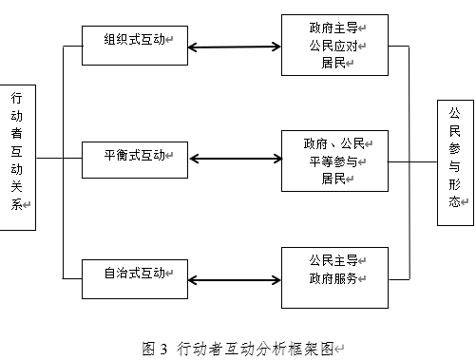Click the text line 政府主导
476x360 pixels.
pyautogui.click(x=333, y=28)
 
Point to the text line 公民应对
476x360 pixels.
pyautogui.click(x=333, y=46)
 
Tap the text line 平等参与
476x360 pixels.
pyautogui.click(x=333, y=161)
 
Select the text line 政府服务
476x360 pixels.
pyautogui.click(x=333, y=278)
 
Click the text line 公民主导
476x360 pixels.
pyautogui.click(x=333, y=260)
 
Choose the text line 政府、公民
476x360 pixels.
pyautogui.click(x=334, y=143)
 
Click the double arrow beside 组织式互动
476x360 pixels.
pyautogui.click(x=235, y=47)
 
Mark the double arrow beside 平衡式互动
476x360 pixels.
pyautogui.click(x=236, y=159)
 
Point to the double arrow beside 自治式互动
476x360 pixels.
pyautogui.click(x=235, y=280)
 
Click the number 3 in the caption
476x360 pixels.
pyautogui.click(x=163, y=349)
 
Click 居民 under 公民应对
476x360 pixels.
pyautogui.click(x=333, y=63)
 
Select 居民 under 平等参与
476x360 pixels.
pyautogui.click(x=333, y=179)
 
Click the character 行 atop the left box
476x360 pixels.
pyautogui.click(x=16, y=98)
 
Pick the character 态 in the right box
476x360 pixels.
pyautogui.click(x=454, y=201)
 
